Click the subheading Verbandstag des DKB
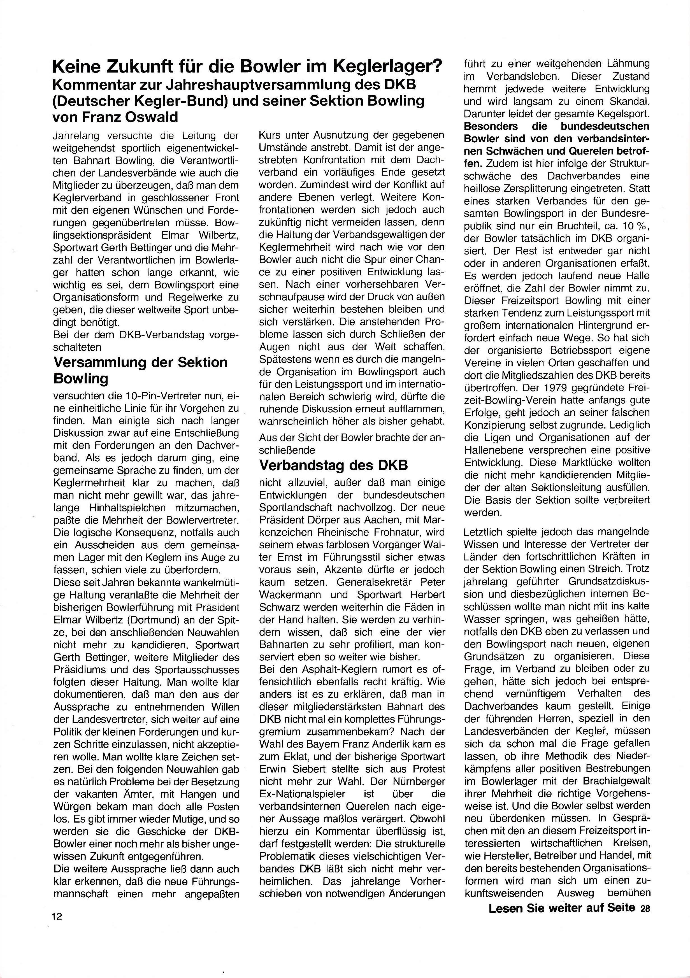tap(333, 465)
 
